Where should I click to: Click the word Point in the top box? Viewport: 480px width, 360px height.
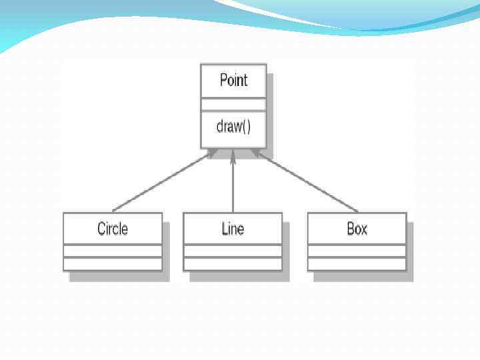point(233,81)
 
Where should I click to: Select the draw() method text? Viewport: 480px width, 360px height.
point(233,127)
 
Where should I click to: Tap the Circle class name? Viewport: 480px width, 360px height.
point(113,229)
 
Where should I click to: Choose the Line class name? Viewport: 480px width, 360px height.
point(233,229)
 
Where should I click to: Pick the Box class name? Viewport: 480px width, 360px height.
point(357,229)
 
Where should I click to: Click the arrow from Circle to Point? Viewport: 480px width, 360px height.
point(160,183)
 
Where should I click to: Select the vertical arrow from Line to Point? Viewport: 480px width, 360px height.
point(233,183)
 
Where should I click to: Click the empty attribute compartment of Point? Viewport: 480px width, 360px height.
point(233,105)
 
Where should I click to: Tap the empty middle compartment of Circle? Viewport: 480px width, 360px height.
point(113,251)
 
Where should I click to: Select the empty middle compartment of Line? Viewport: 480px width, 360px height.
point(233,251)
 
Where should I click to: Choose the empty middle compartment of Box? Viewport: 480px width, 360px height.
point(357,251)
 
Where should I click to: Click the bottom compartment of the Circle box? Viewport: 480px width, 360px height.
point(113,263)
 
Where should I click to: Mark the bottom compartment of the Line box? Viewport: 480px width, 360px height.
point(233,263)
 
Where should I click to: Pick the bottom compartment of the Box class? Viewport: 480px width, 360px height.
point(357,263)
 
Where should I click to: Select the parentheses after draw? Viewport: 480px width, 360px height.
point(246,127)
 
